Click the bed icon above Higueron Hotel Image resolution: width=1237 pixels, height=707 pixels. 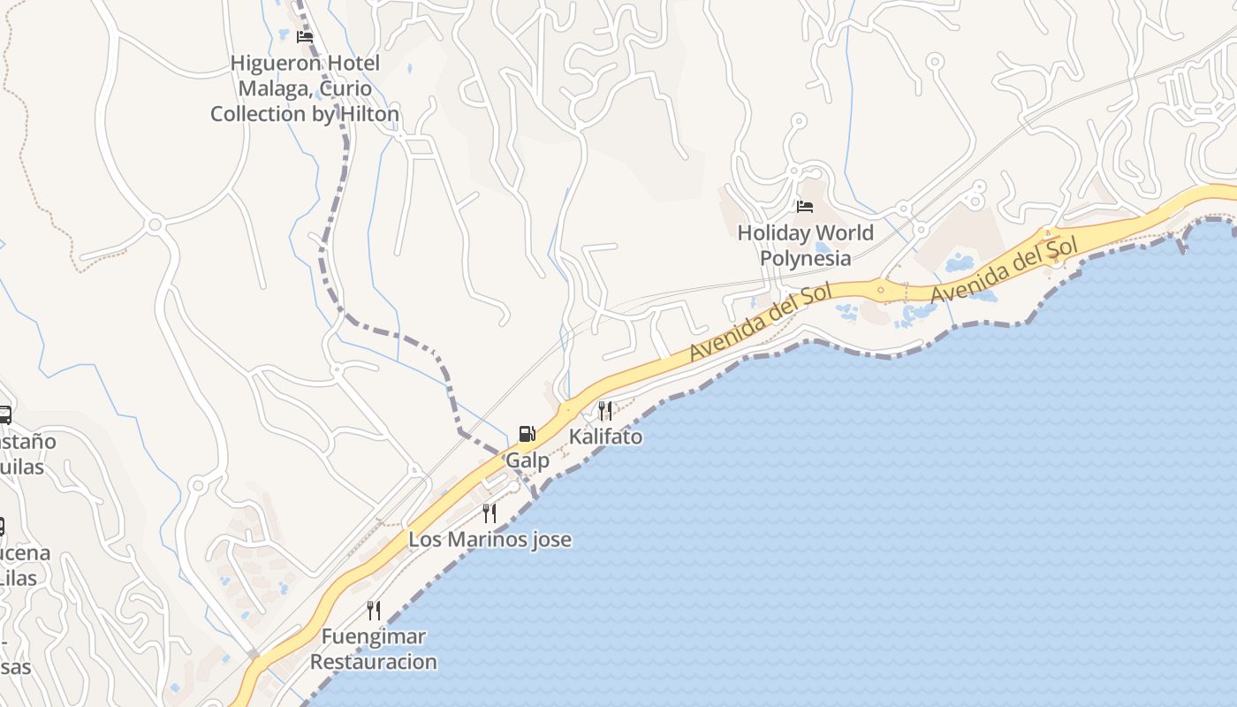click(x=305, y=37)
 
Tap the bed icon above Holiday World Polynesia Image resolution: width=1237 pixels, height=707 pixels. click(x=804, y=207)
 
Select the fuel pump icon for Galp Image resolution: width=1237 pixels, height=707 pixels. click(x=527, y=434)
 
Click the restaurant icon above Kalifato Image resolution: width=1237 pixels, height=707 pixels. click(x=605, y=410)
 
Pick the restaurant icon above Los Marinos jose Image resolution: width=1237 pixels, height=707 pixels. click(x=489, y=513)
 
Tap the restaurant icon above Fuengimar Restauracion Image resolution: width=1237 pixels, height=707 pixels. click(x=374, y=610)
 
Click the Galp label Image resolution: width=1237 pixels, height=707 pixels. click(x=527, y=460)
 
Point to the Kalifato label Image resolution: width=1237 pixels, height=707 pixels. click(x=605, y=437)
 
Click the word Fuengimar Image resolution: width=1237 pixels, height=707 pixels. click(x=374, y=636)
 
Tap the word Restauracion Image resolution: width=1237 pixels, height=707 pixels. click(x=374, y=661)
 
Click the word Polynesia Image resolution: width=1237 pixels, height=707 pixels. click(x=806, y=258)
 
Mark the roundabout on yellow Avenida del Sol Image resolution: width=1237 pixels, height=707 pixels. click(x=880, y=289)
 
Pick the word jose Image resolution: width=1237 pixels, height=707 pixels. click(x=551, y=539)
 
